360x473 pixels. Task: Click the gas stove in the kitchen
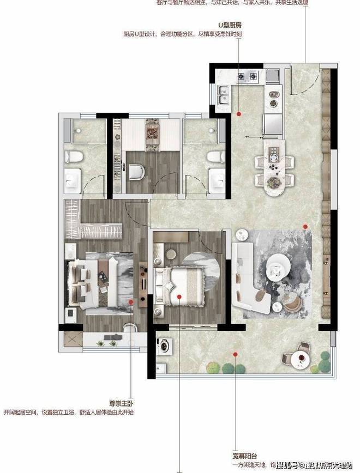[248, 76]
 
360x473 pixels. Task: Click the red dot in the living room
[305, 226]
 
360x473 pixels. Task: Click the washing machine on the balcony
[163, 345]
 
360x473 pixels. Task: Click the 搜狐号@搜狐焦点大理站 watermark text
[315, 465]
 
